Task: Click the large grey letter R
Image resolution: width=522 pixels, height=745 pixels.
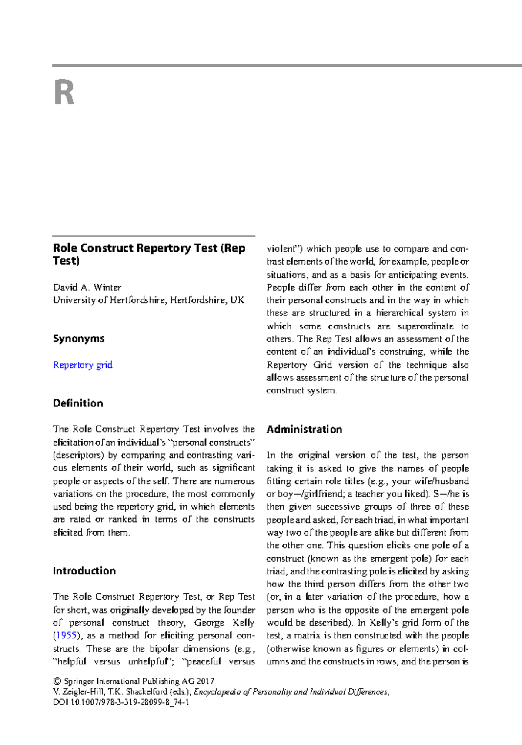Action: (x=64, y=92)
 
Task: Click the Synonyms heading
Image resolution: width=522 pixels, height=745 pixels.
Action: (x=79, y=339)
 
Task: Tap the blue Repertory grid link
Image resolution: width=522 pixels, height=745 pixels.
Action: (x=83, y=365)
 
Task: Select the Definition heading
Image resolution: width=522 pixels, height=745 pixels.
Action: (x=78, y=403)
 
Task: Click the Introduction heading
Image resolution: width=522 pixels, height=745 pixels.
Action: (x=84, y=571)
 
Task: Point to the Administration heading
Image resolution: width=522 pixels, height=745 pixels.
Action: (x=304, y=430)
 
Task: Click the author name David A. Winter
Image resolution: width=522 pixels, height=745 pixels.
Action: (x=87, y=287)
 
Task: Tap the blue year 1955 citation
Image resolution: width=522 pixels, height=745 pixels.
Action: (x=67, y=635)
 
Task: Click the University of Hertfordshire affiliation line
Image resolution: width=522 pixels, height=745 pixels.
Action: (x=148, y=300)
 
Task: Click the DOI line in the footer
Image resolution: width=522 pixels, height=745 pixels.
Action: (x=120, y=702)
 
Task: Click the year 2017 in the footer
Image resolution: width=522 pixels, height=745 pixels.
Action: (x=205, y=681)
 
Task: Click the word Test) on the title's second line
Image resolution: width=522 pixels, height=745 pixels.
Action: (x=66, y=261)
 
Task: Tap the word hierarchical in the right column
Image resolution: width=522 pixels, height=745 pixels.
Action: (x=399, y=313)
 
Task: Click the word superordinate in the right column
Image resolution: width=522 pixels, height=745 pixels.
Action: (x=425, y=326)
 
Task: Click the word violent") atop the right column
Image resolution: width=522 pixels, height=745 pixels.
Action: (x=284, y=249)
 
